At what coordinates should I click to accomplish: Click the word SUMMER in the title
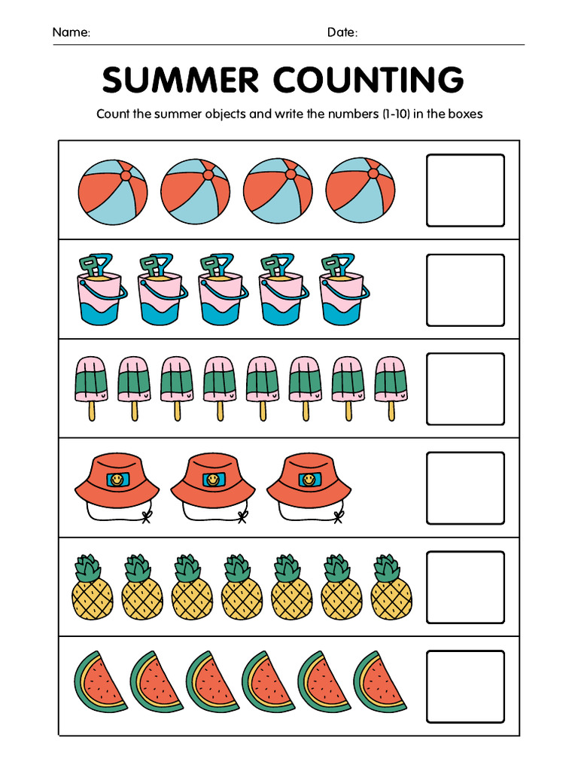(x=180, y=80)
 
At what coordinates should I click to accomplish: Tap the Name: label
(x=71, y=32)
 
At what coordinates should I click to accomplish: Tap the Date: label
(x=342, y=32)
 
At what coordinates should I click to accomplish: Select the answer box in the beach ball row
(x=465, y=190)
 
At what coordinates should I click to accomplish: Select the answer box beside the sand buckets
(x=465, y=290)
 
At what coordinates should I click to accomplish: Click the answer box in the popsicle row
(x=465, y=389)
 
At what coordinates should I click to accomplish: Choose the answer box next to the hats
(x=465, y=488)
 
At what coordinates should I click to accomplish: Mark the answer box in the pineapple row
(x=465, y=587)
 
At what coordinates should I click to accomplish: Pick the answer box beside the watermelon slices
(x=465, y=687)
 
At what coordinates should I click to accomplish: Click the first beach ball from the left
(x=113, y=192)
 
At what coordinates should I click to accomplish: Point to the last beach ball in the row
(x=360, y=191)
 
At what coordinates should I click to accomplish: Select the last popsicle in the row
(x=391, y=380)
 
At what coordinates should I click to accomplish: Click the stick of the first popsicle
(x=93, y=411)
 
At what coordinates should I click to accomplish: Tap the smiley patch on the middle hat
(x=211, y=480)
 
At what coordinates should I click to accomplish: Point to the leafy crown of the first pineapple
(x=90, y=568)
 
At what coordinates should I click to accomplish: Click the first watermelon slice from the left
(x=101, y=682)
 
